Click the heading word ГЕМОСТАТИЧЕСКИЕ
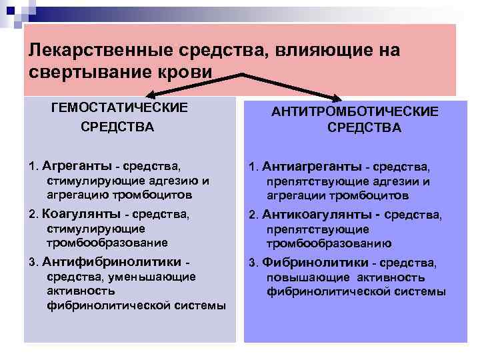[119, 107]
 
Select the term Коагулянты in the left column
[79, 214]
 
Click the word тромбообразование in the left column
[107, 243]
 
